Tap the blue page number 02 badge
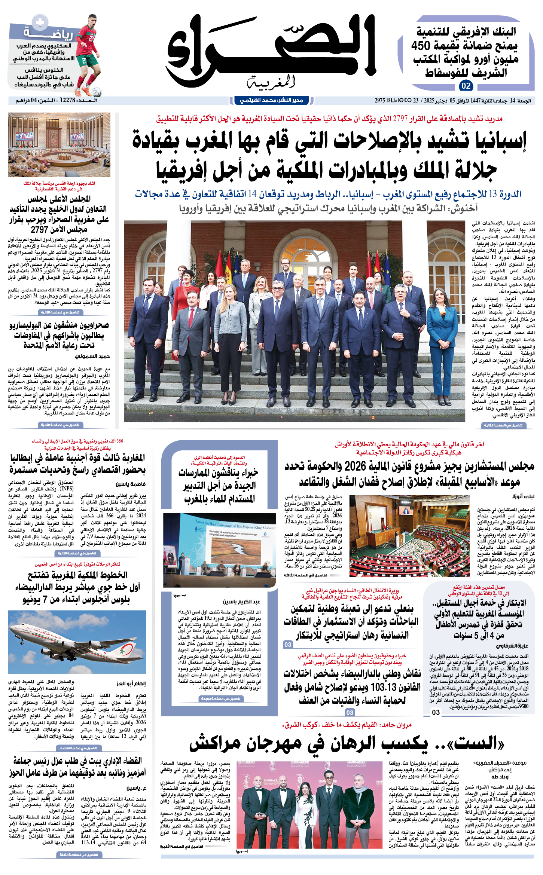[466, 86]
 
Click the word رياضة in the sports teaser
[49, 34]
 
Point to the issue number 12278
[68, 100]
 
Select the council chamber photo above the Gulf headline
[59, 145]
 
